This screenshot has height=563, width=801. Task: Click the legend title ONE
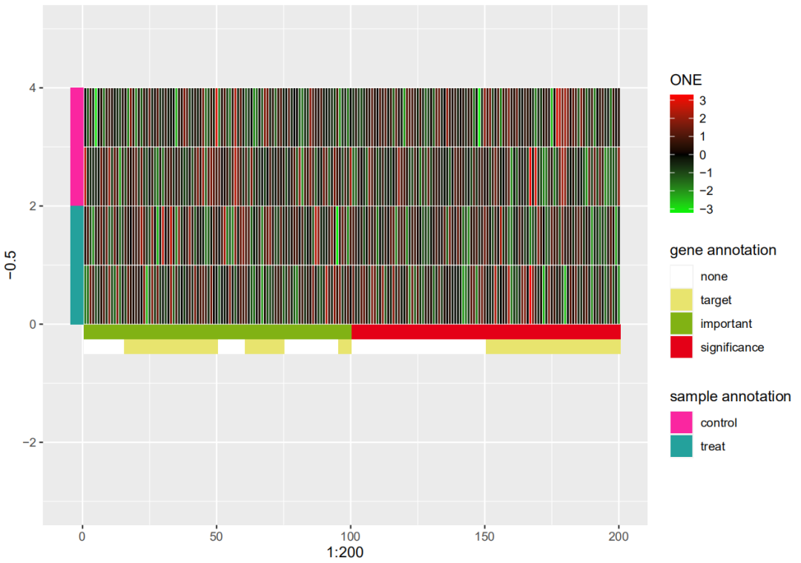click(x=685, y=80)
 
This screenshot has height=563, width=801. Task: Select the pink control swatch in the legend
click(x=681, y=423)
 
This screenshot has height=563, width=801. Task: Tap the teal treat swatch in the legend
click(x=681, y=447)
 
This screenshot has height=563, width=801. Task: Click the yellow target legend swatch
click(x=681, y=300)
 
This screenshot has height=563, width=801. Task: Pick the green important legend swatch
click(x=681, y=324)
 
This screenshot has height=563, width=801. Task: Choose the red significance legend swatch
click(x=681, y=347)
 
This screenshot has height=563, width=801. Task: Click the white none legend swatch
click(x=681, y=277)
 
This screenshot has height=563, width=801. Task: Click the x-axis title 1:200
click(x=345, y=553)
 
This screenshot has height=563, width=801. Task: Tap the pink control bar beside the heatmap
click(x=76, y=146)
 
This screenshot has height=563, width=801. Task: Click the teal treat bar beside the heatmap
click(x=76, y=265)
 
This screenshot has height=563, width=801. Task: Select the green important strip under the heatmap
click(x=217, y=332)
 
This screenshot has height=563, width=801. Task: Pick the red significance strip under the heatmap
click(x=486, y=332)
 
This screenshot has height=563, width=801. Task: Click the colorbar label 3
click(x=703, y=101)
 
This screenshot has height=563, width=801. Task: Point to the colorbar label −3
click(x=706, y=209)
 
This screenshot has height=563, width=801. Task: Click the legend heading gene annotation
click(x=722, y=251)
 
